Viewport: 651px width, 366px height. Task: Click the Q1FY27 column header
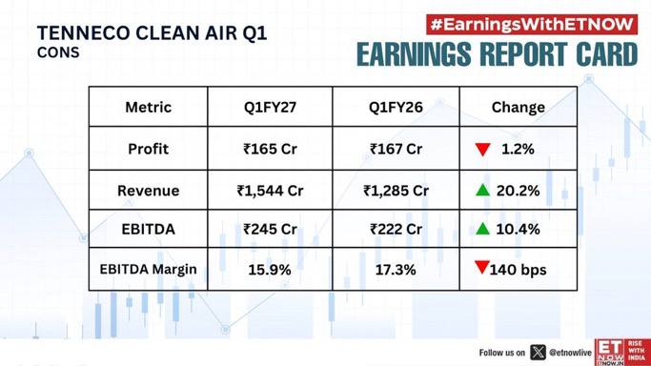[x=270, y=108]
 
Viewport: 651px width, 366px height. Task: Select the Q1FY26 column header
[x=396, y=108]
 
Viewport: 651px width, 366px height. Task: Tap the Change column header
[x=519, y=108]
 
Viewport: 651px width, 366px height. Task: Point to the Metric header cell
[x=149, y=108]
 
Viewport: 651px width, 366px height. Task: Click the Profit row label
[x=149, y=149]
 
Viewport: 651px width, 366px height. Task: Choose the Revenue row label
[x=149, y=191]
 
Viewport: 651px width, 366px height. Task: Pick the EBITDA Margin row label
[x=149, y=270]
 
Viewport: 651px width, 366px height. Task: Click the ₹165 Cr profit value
[x=270, y=149]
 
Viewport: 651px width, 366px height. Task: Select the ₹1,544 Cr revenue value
[x=270, y=191]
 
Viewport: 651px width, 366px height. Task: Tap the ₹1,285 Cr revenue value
[x=396, y=191]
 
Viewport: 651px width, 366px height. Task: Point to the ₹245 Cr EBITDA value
[x=270, y=229]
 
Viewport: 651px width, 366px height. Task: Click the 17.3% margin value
[x=396, y=270]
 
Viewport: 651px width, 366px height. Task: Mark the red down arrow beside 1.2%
[x=483, y=150]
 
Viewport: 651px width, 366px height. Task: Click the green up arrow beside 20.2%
[x=483, y=190]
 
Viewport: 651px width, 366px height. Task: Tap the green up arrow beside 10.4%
[x=483, y=228]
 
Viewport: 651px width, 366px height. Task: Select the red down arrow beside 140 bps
[x=481, y=267]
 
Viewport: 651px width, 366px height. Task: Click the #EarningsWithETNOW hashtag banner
[x=532, y=25]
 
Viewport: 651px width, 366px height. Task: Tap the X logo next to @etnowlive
[x=538, y=353]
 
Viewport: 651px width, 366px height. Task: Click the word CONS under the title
[x=58, y=52]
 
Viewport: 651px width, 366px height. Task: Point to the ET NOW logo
[x=622, y=352]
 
